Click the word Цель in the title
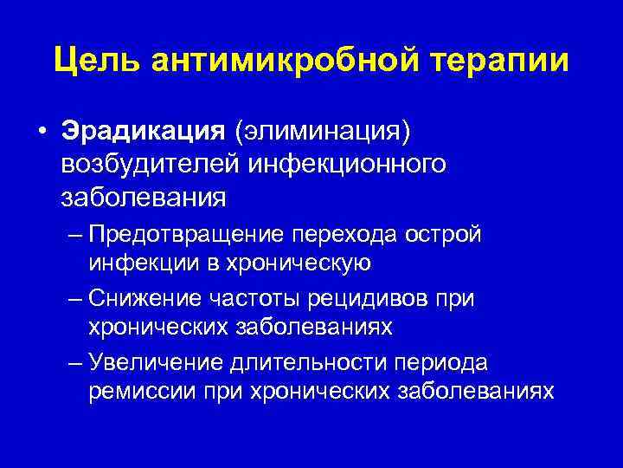click(94, 61)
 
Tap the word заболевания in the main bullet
click(143, 197)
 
